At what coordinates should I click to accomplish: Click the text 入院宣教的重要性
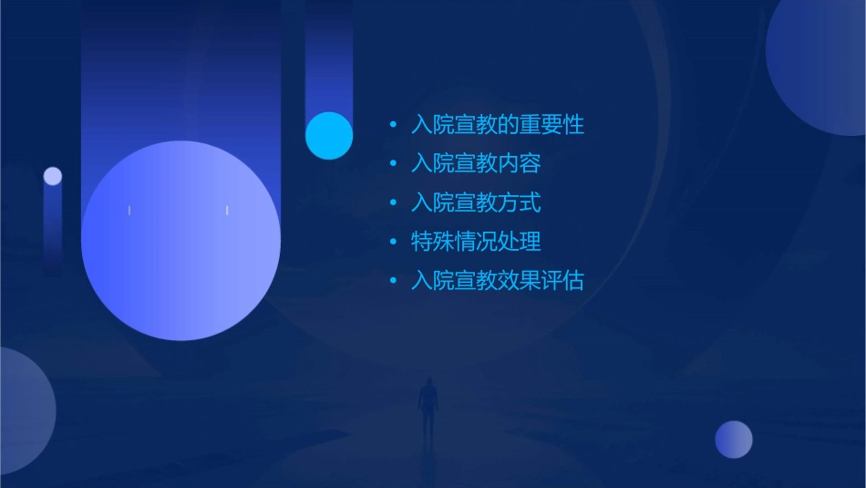click(x=497, y=125)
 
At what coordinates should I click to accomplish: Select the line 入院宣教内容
click(x=476, y=164)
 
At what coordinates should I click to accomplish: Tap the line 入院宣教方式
click(x=476, y=202)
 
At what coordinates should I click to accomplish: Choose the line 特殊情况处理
click(x=476, y=242)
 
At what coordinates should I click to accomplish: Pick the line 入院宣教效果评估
click(x=497, y=281)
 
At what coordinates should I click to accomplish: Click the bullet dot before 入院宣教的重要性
click(x=393, y=125)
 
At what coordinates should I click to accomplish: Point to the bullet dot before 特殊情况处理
click(x=393, y=242)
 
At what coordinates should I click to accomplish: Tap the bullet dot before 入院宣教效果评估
click(x=393, y=281)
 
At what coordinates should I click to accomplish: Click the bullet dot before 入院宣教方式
click(x=393, y=202)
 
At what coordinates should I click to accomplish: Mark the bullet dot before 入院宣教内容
click(x=393, y=164)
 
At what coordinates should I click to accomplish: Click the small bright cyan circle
click(x=329, y=135)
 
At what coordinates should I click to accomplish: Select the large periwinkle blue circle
click(x=180, y=241)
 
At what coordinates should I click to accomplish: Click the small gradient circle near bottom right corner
click(x=734, y=440)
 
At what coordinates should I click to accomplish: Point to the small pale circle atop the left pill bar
click(x=53, y=176)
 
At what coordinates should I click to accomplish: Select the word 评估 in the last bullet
click(x=562, y=281)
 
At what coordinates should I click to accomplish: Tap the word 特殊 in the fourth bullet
click(x=433, y=242)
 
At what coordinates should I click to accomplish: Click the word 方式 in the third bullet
click(x=520, y=202)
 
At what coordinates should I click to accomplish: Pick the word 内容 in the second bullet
click(x=520, y=164)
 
